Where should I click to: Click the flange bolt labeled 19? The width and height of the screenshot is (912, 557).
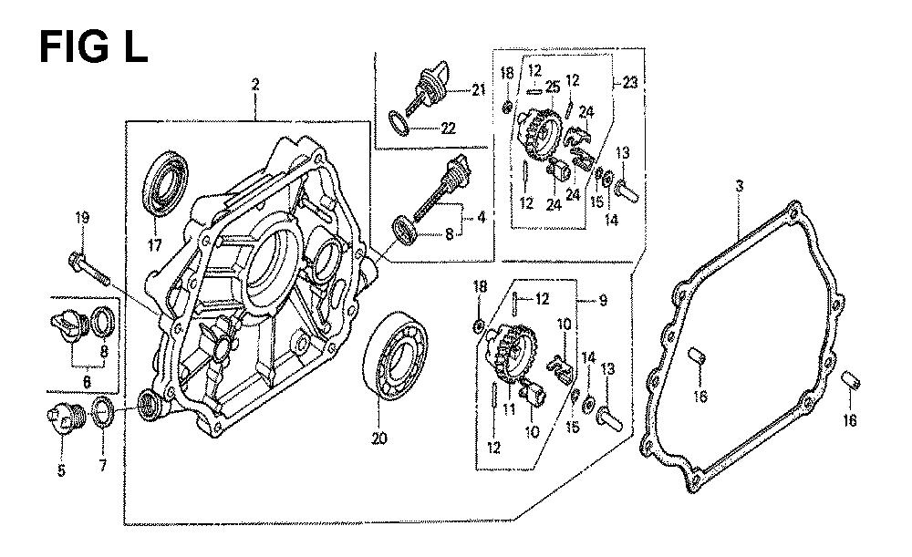click(88, 264)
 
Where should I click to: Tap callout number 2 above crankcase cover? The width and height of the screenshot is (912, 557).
click(255, 86)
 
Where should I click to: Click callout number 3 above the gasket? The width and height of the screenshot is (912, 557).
click(740, 186)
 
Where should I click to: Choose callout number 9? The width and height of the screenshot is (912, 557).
click(603, 300)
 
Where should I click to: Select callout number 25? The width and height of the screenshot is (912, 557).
click(552, 87)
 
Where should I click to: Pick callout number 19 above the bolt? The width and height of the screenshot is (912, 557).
click(82, 217)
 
